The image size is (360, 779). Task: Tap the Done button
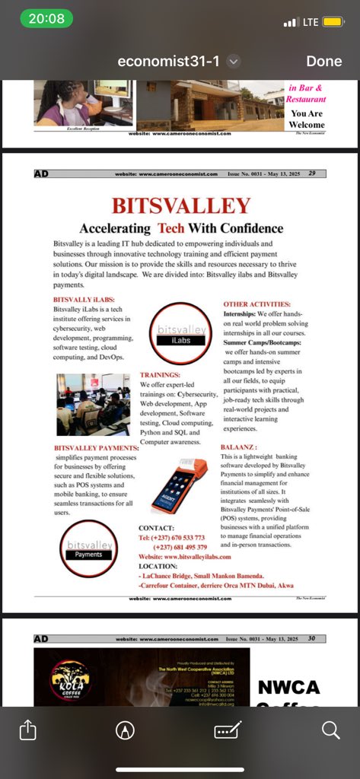[x=323, y=61]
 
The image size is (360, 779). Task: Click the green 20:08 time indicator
[x=46, y=19]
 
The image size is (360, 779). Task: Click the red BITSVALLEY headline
[x=180, y=206]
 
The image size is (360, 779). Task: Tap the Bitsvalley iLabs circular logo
[x=180, y=333]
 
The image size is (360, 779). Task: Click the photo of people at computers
[x=93, y=405]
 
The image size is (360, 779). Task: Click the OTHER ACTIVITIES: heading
[x=256, y=304]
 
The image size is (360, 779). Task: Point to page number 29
[x=312, y=173]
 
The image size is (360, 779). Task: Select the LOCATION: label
[x=158, y=567]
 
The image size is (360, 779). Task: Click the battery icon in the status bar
[x=333, y=22]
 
